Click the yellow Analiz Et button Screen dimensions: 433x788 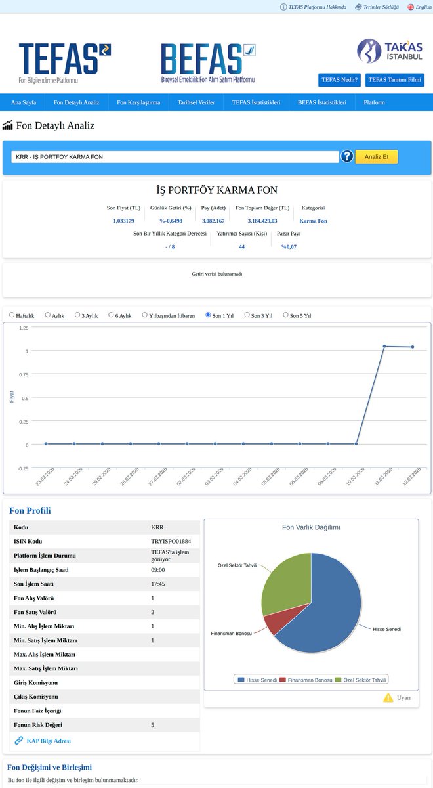point(377,156)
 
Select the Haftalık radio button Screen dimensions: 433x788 point(12,315)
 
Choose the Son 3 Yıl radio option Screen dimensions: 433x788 point(247,315)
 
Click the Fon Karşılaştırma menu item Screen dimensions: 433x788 point(138,102)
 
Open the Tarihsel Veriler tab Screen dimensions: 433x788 point(196,102)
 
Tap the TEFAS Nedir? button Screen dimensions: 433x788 point(340,80)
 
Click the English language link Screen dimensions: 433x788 point(420,7)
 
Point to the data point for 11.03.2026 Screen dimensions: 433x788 point(384,346)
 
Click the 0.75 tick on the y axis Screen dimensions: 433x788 point(24,375)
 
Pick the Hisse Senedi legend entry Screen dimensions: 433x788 point(258,680)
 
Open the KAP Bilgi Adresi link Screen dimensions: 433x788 point(49,741)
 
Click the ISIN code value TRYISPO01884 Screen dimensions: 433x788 point(171,541)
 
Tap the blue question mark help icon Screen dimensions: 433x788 point(347,156)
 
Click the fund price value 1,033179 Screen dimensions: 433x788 point(123,221)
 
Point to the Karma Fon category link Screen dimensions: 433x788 point(313,221)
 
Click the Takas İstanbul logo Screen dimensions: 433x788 point(390,51)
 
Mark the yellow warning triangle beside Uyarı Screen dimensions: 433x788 point(388,697)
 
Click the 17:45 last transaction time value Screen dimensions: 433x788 point(158,584)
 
